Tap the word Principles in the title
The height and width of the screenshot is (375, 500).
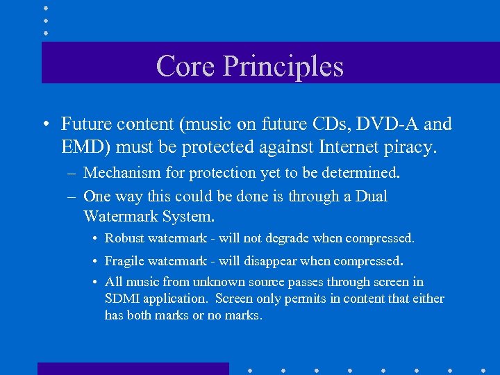click(x=283, y=67)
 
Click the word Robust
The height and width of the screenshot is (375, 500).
click(x=125, y=238)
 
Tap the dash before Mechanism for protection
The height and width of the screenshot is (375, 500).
click(x=72, y=172)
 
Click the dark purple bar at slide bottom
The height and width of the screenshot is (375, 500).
click(x=133, y=368)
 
